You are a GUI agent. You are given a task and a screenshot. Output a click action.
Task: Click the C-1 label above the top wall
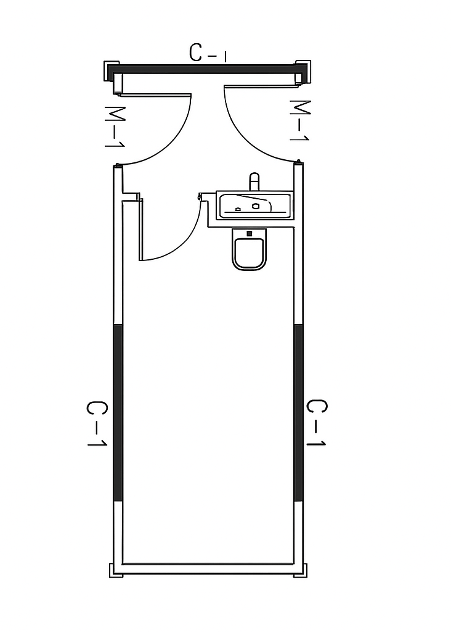(208, 53)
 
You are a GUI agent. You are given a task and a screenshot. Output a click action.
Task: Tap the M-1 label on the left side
(114, 127)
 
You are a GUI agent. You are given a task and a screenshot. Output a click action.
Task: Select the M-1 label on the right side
(299, 120)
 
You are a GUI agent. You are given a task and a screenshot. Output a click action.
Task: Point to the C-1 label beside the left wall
(97, 423)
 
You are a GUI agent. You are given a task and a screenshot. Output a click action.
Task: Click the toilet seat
(249, 253)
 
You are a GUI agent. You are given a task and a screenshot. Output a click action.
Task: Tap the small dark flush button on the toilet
(249, 233)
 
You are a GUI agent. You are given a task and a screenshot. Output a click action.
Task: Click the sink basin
(253, 206)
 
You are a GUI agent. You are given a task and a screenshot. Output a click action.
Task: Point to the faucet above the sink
(254, 181)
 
